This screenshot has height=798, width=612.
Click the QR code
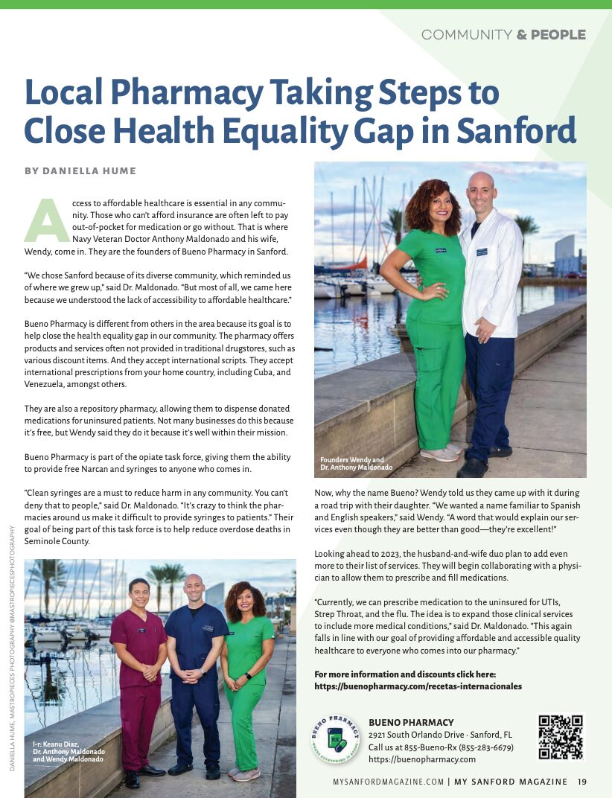561,737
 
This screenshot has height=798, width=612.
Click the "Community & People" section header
503,34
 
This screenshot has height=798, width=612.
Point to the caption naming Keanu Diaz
68,752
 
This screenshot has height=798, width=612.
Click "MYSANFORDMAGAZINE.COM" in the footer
388,782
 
